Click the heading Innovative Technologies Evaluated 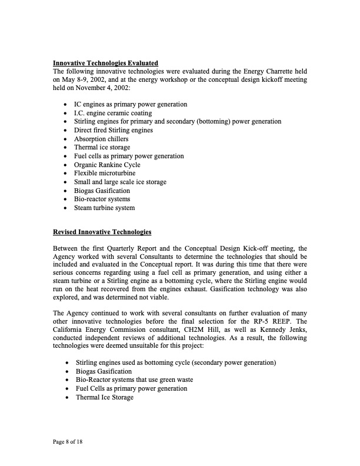[105, 63]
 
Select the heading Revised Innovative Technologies [102, 232]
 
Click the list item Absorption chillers [101, 139]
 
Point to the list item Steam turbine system [104, 208]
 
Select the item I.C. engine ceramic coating [112, 113]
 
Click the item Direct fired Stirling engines [113, 130]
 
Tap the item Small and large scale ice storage [120, 182]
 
